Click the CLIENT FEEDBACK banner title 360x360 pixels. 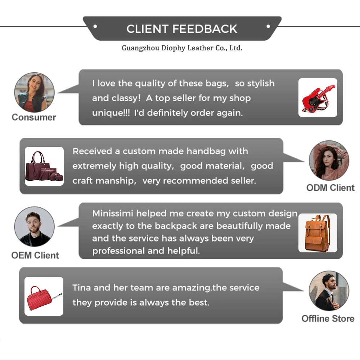tap(182, 29)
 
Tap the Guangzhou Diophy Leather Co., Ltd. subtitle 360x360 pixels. tap(182, 48)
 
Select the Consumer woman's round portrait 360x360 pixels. tap(34, 93)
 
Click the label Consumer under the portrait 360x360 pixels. tap(34, 117)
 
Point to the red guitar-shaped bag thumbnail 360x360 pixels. tap(318, 98)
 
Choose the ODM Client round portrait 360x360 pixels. tap(329, 160)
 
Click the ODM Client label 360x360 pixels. tap(330, 188)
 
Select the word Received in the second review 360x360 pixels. tap(93, 151)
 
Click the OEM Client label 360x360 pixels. tap(35, 255)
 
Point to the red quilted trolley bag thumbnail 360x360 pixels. tap(44, 296)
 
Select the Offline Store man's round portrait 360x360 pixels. tap(329, 291)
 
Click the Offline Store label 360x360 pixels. tap(328, 319)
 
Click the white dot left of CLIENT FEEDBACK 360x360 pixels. tap(95, 26)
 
